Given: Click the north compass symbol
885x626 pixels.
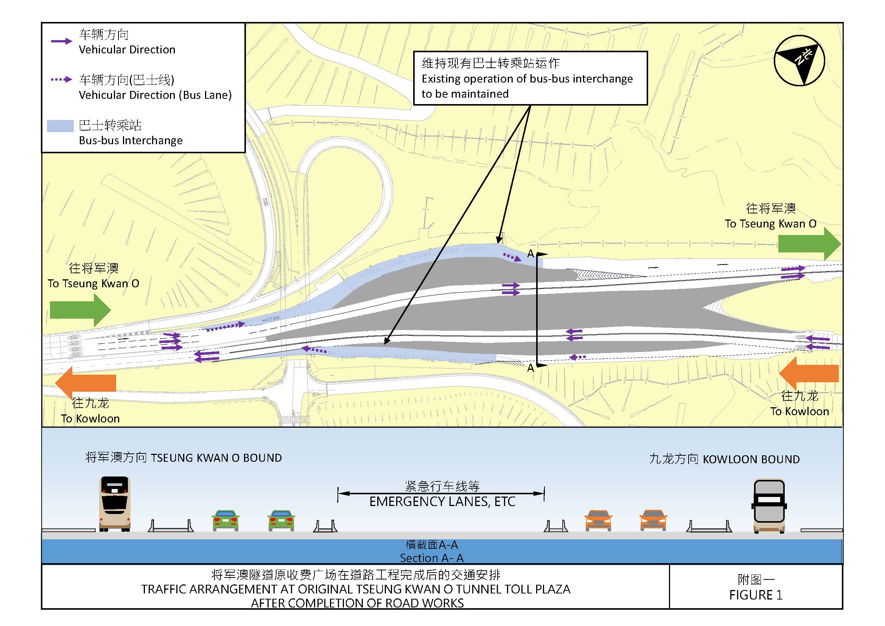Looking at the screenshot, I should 799,61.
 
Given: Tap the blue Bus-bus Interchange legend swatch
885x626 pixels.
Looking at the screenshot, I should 60,126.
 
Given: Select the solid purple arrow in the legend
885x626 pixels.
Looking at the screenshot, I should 62,41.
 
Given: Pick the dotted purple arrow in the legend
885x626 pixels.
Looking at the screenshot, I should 62,80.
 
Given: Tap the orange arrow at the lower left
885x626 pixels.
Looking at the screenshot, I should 86,382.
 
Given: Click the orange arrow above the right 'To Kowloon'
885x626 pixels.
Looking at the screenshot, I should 809,373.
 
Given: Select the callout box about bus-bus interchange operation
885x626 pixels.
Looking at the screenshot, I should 530,78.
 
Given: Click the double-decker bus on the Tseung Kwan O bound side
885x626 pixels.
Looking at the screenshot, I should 115,504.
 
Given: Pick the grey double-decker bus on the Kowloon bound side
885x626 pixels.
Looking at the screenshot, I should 769,506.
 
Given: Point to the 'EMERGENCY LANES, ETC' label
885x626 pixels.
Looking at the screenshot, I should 442,502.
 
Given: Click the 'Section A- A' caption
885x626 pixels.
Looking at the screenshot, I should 432,558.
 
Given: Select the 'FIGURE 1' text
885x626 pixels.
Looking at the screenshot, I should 756,595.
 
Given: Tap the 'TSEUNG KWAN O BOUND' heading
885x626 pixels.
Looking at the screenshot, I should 216,458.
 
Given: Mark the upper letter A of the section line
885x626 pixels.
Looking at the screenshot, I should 530,254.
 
